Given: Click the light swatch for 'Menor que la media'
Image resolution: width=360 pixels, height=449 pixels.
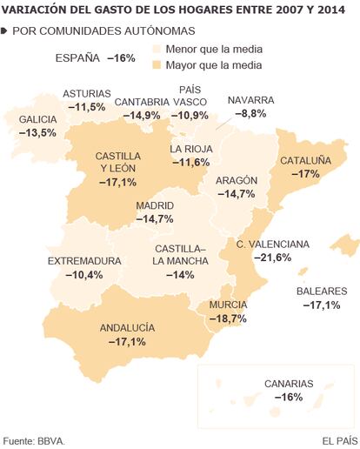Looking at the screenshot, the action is [157, 49].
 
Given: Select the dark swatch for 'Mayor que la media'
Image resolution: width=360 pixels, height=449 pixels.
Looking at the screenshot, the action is [157, 65].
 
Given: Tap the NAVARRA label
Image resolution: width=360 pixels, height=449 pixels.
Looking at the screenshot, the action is [250, 100].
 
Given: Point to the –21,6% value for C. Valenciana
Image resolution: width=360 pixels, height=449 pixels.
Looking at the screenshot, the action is [273, 258].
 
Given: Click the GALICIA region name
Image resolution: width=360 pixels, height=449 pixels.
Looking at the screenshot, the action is [37, 119].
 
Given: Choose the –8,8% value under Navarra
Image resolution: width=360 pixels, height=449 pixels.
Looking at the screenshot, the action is [250, 113].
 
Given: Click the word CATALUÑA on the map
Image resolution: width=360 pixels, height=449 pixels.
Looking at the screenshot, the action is [305, 161].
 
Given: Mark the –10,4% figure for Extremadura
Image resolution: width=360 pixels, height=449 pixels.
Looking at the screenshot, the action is [84, 274].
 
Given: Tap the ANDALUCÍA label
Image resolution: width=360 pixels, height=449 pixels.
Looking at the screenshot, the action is [127, 328].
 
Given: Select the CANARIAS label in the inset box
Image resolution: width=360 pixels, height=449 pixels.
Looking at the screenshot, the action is [289, 384].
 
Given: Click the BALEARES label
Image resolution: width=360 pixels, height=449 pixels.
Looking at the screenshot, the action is [322, 292].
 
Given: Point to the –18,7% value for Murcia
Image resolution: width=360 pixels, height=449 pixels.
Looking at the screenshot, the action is [228, 318].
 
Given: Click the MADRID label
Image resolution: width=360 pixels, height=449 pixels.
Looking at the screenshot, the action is [155, 205].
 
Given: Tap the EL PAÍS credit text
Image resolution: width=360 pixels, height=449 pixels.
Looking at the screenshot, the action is [340, 441].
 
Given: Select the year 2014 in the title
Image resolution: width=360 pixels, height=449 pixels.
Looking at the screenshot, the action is [331, 10].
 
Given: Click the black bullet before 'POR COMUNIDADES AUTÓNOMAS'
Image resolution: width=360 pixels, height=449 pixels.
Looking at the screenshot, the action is [3, 31].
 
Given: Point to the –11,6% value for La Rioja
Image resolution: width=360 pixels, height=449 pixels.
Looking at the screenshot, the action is [191, 162].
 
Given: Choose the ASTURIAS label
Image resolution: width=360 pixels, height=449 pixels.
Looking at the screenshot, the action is [87, 94].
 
